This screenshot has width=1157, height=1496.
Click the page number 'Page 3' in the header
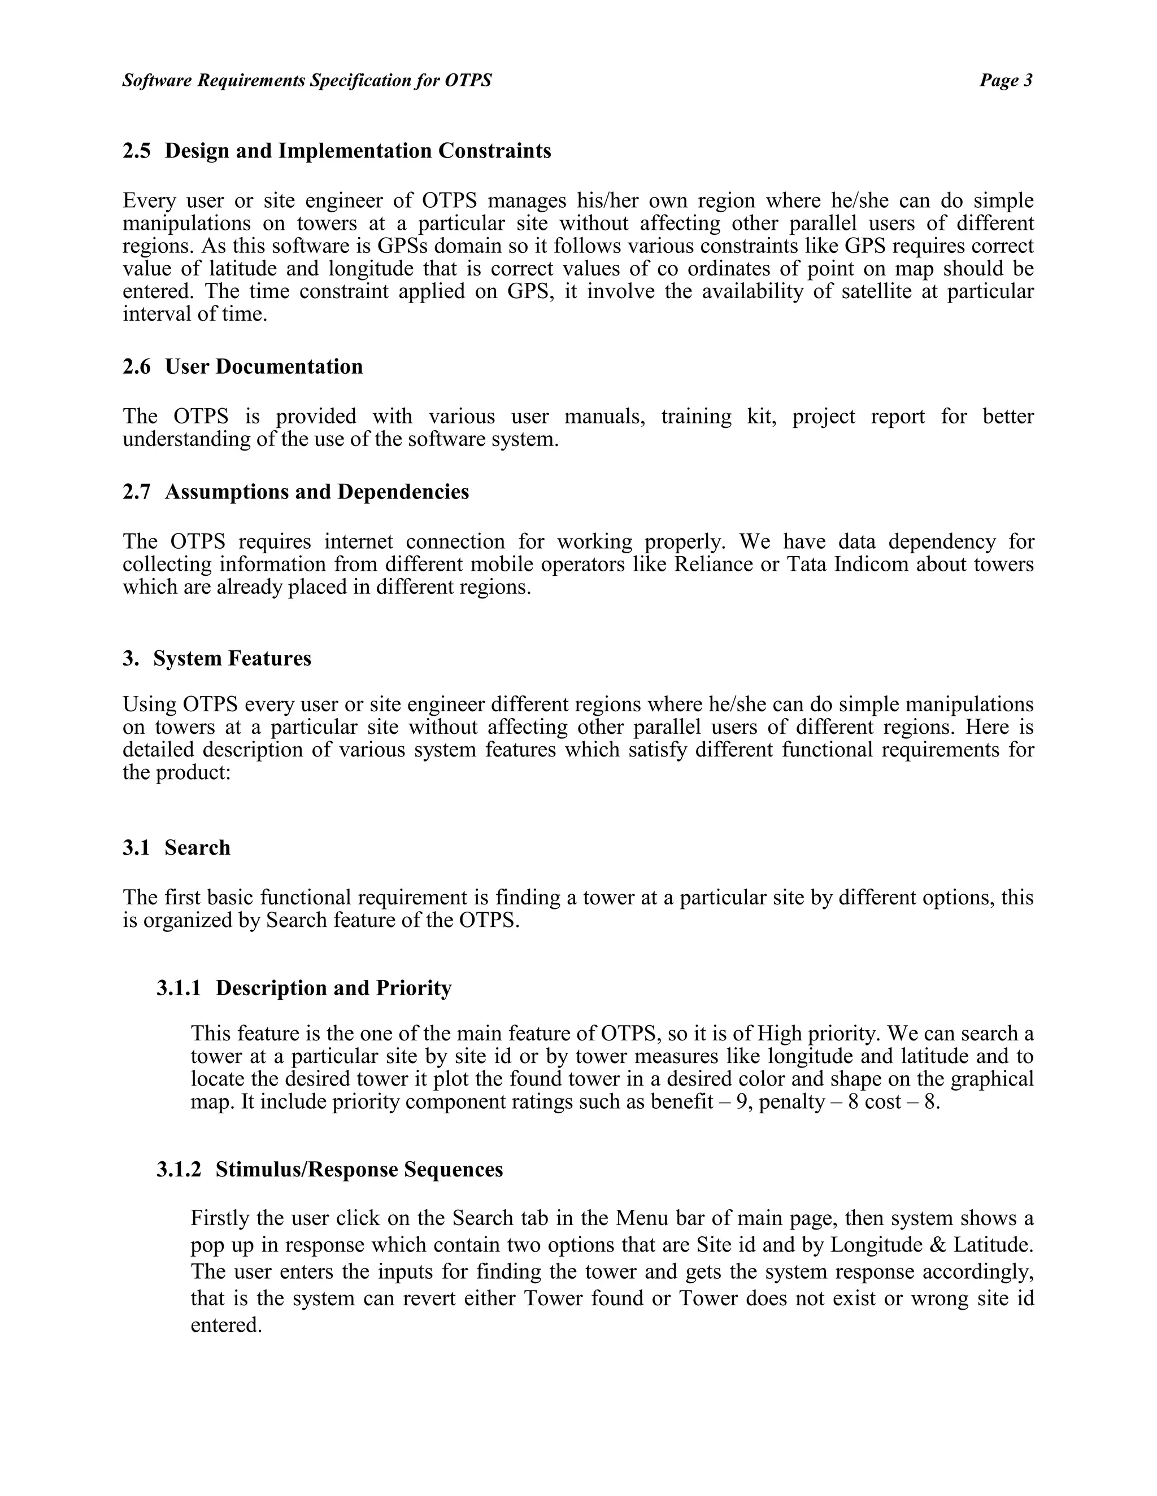pyautogui.click(x=1005, y=81)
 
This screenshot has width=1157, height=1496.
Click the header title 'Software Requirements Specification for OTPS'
pyautogui.click(x=306, y=81)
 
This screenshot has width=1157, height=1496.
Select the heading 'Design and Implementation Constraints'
pyautogui.click(x=357, y=151)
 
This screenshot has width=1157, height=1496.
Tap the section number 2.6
pyautogui.click(x=136, y=366)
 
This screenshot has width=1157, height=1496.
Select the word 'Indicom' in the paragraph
pyautogui.click(x=871, y=565)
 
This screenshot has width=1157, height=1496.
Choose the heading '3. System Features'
pyautogui.click(x=216, y=658)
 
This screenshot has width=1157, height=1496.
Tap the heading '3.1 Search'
pyautogui.click(x=176, y=847)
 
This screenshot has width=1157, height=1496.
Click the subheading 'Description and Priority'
pyautogui.click(x=333, y=988)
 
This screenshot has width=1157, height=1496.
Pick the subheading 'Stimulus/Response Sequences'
pyautogui.click(x=359, y=1169)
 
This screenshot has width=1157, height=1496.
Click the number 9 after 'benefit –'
pyautogui.click(x=741, y=1102)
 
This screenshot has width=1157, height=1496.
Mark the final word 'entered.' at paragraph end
pyautogui.click(x=226, y=1325)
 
